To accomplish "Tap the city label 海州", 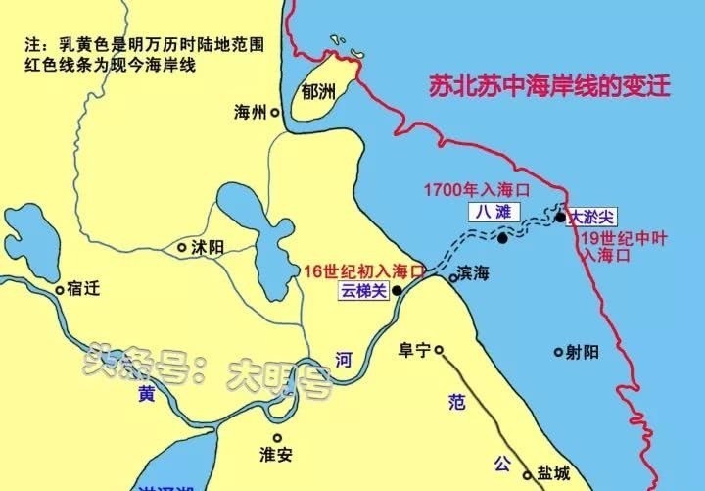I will pos(251,113).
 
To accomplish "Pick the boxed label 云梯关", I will pos(363,291).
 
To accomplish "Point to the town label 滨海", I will pos(476,277).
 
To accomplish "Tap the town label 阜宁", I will pos(416,349).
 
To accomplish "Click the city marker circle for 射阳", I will pos(558,351).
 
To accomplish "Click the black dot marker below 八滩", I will pos(502,238).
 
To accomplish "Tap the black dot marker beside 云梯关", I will pos(397,291).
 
